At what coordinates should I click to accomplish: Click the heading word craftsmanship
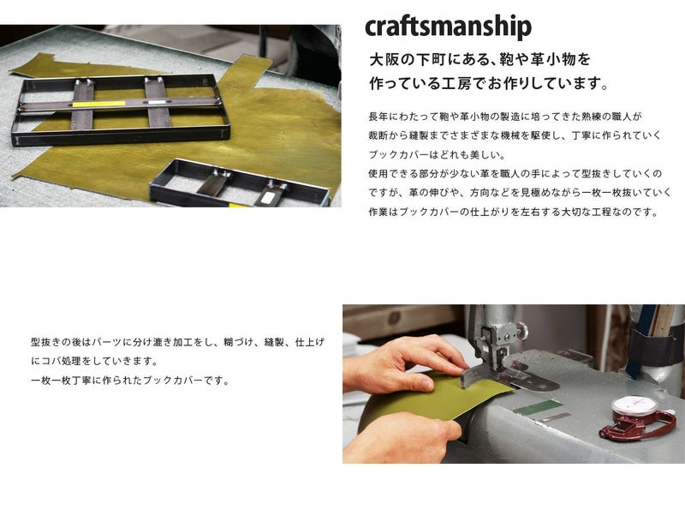(448, 27)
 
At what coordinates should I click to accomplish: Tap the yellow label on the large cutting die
(98, 104)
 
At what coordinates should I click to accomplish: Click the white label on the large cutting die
(158, 102)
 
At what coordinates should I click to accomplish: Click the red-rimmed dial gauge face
(635, 406)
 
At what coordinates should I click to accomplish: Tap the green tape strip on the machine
(538, 407)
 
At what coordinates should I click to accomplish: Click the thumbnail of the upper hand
(421, 382)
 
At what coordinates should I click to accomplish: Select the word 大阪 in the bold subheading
(384, 59)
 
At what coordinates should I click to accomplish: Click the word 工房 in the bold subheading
(459, 83)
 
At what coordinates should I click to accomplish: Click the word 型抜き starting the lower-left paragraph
(46, 342)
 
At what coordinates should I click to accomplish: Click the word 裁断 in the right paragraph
(378, 136)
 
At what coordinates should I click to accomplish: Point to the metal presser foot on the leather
(509, 380)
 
